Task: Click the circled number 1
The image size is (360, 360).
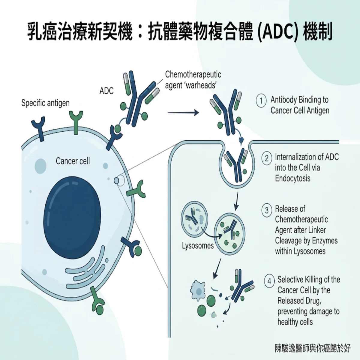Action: [261, 101]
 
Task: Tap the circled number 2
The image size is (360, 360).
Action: [267, 158]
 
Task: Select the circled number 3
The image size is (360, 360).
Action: [267, 210]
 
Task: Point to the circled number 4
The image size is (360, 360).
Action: [269, 281]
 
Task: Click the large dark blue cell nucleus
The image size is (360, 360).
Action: [72, 217]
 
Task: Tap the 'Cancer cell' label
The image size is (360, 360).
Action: [73, 161]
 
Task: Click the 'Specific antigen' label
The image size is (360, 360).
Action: [45, 103]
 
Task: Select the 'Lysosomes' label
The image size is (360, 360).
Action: [198, 245]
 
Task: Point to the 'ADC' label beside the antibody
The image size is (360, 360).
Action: [106, 91]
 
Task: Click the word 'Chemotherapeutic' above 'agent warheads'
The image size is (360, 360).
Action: [193, 74]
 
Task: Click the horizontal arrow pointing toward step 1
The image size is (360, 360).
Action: [184, 113]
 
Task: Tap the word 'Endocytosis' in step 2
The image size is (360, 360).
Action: [293, 178]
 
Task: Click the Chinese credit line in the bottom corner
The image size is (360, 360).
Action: [313, 348]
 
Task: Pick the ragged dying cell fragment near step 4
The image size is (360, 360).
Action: [198, 290]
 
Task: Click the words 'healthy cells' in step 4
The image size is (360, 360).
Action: [295, 322]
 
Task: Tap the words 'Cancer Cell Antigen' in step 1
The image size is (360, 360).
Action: [300, 110]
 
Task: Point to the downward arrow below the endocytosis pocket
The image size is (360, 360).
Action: [237, 201]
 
